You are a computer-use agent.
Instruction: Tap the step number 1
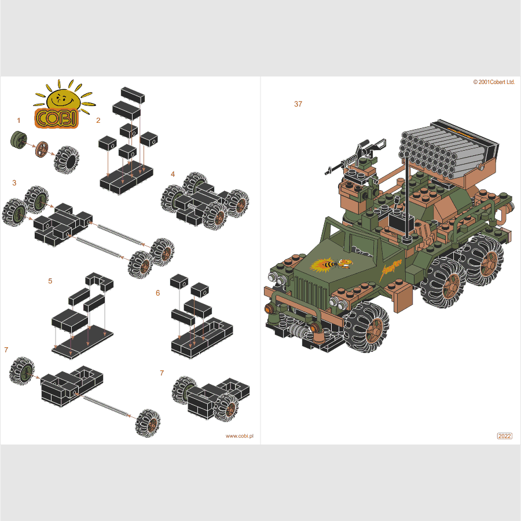click(x=19, y=121)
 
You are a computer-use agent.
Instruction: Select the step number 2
click(x=98, y=121)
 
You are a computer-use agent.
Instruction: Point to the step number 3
click(x=14, y=183)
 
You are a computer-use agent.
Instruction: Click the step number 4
click(x=173, y=174)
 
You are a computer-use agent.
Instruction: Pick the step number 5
click(x=50, y=281)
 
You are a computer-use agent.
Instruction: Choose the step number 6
click(x=158, y=293)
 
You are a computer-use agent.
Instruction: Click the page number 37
click(x=298, y=104)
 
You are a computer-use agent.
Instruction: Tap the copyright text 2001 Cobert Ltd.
click(x=494, y=82)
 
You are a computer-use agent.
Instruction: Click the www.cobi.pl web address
click(x=240, y=436)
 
